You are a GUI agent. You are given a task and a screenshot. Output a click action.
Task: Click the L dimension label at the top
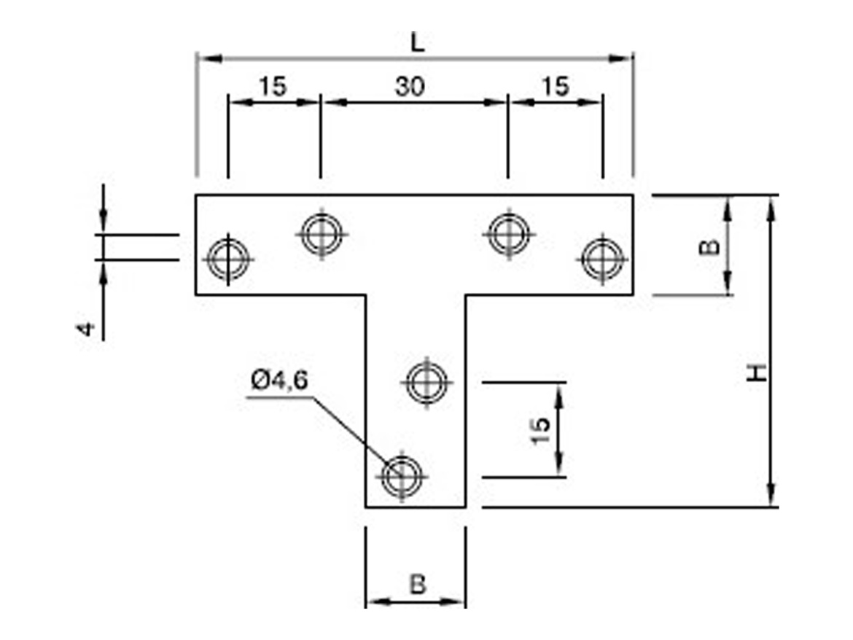pos(416,43)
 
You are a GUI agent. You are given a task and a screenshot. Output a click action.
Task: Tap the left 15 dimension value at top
pos(273,87)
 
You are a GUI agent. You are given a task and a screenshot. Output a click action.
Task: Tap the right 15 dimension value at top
pos(555,87)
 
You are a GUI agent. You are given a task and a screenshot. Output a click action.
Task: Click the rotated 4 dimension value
pos(87,329)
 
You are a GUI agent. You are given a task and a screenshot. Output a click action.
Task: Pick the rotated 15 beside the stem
pos(540,432)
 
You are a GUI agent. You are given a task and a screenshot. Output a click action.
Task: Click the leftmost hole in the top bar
pos(228,259)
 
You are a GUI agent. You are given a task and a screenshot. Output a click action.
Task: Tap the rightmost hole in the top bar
pos(602,259)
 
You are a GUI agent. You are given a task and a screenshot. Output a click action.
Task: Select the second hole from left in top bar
pos(322,234)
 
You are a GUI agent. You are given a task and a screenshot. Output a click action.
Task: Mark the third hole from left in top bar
pos(508,234)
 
